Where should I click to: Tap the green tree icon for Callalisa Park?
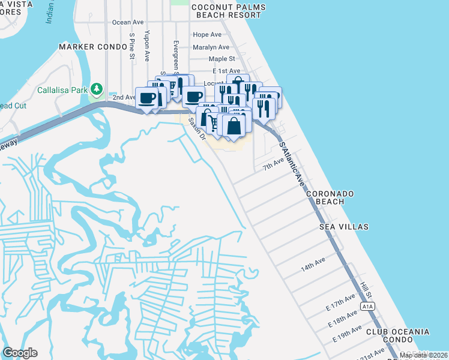click(96, 90)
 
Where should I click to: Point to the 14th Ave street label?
click(313, 263)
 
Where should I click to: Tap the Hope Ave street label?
click(207, 35)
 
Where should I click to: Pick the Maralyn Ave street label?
click(211, 47)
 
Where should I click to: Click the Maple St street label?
click(221, 59)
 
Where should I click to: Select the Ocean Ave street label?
click(128, 22)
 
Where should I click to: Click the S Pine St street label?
click(131, 47)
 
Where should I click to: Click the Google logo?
click(20, 353)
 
